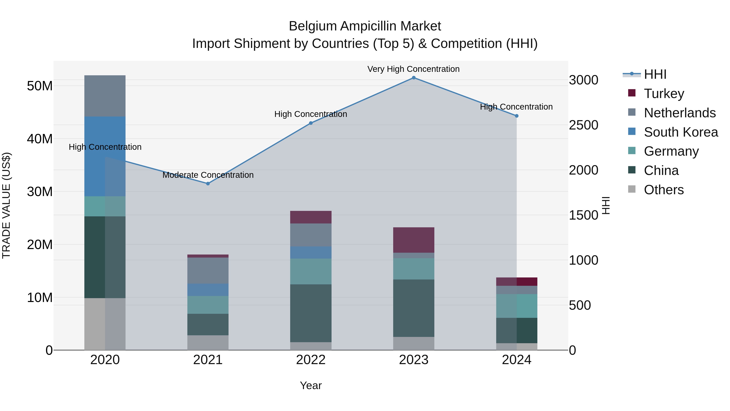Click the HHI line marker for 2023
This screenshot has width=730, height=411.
(x=413, y=78)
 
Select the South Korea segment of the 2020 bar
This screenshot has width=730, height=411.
(x=105, y=156)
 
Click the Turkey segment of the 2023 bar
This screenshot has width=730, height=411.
(x=413, y=240)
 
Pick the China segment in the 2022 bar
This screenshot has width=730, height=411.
(x=311, y=313)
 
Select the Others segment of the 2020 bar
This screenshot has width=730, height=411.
(x=105, y=324)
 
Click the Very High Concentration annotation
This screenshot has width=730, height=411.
(x=413, y=69)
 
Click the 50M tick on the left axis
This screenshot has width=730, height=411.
(x=40, y=86)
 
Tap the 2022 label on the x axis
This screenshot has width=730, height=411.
(x=311, y=360)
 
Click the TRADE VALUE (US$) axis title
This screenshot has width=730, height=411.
(x=6, y=205)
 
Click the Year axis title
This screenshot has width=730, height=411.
(x=311, y=385)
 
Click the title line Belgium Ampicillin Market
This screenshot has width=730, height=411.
(x=365, y=26)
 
